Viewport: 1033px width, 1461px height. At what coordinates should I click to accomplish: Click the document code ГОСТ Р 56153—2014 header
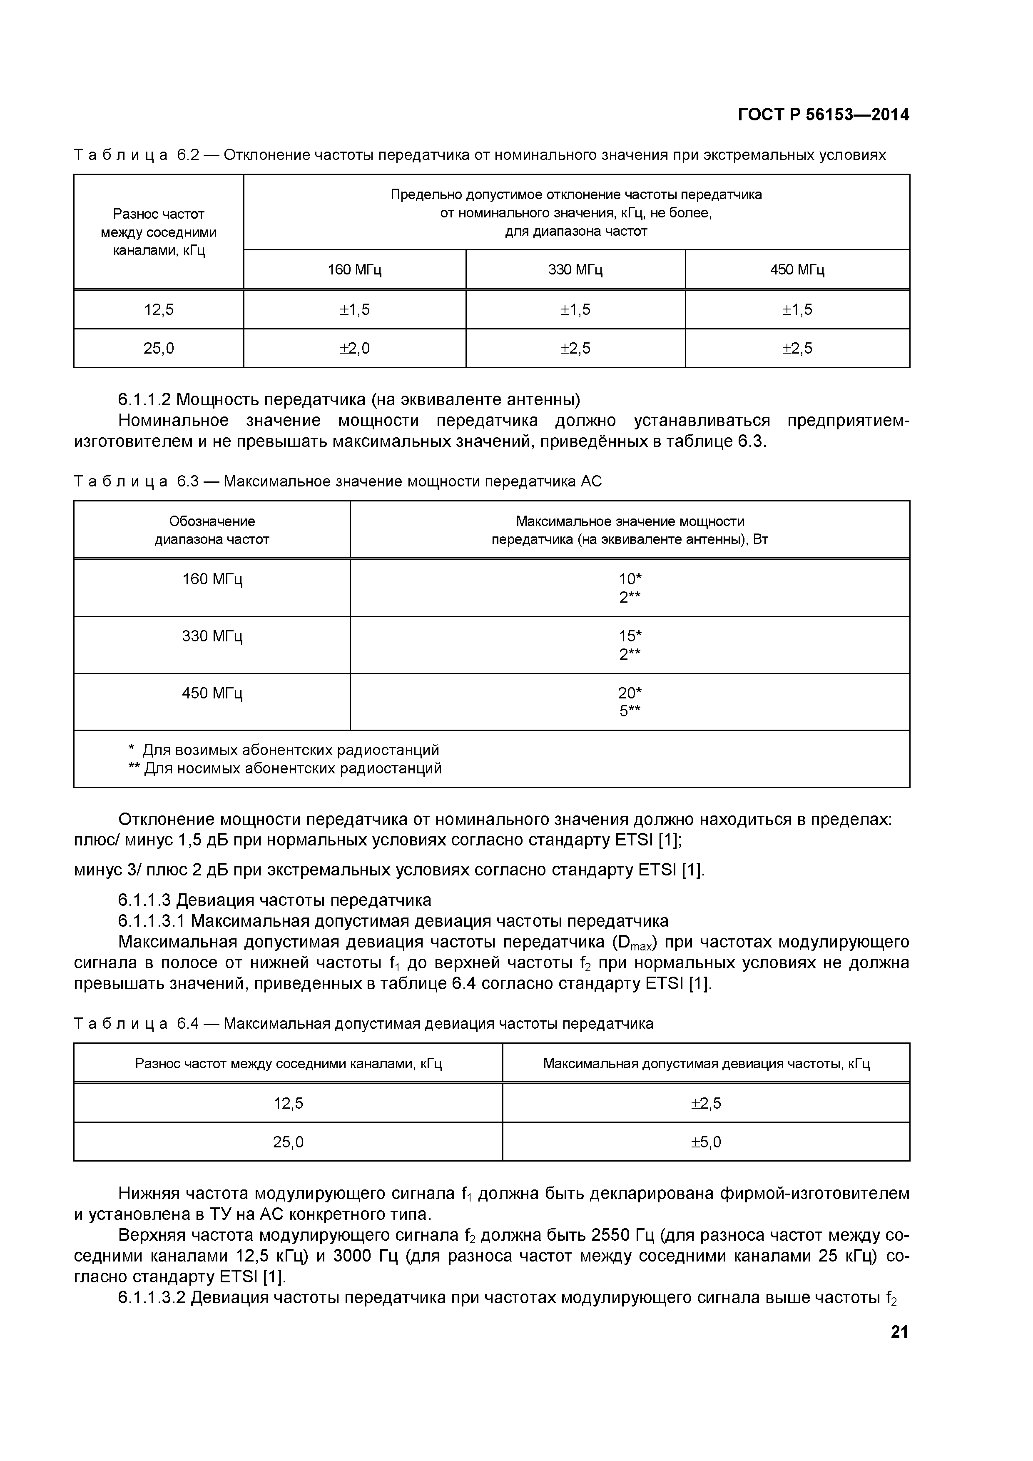[x=823, y=115]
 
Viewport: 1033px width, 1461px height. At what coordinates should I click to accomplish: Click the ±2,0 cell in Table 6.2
[x=354, y=349]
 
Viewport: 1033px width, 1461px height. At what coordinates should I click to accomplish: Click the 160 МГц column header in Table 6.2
[x=354, y=270]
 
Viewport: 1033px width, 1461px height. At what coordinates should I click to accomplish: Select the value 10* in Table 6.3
[x=630, y=578]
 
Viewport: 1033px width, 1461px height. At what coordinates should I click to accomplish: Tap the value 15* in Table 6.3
[x=630, y=636]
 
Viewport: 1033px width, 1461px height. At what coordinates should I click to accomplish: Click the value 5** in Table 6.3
[x=630, y=711]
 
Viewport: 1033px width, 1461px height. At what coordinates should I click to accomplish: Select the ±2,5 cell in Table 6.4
[x=706, y=1103]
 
